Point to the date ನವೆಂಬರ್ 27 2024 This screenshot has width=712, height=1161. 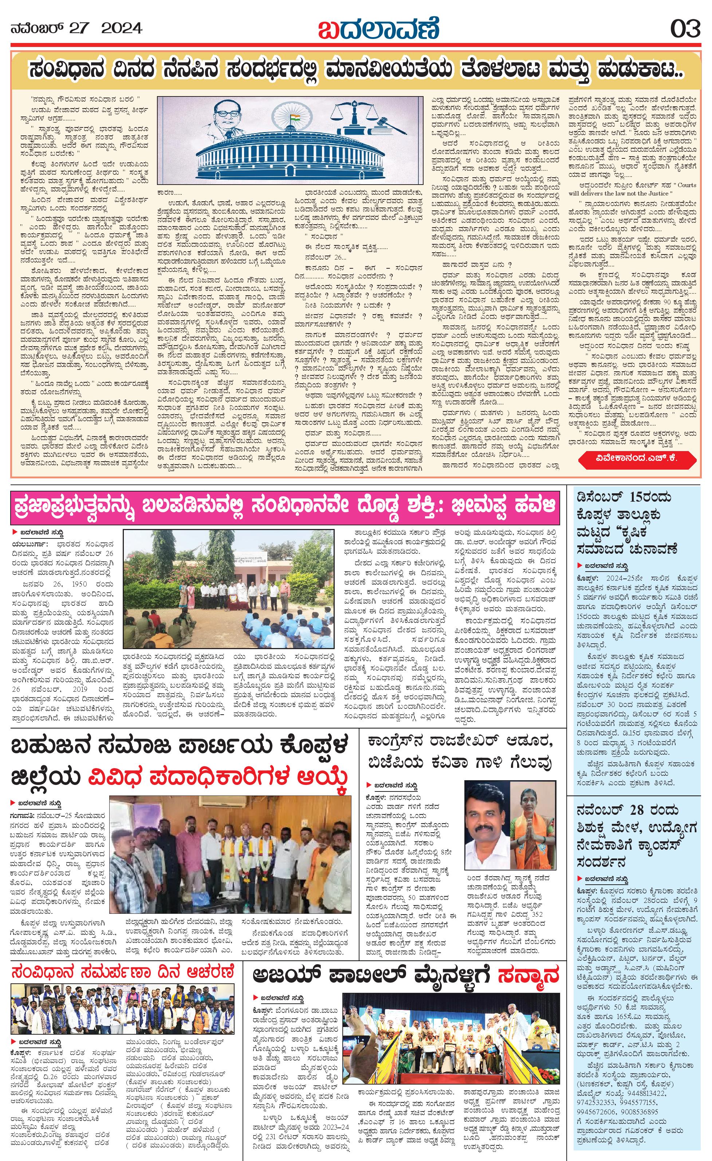click(76, 29)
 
